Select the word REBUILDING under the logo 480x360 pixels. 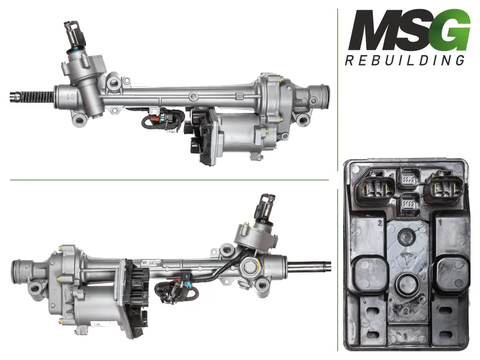(405, 60)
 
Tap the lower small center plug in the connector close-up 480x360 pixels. (409, 202)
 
